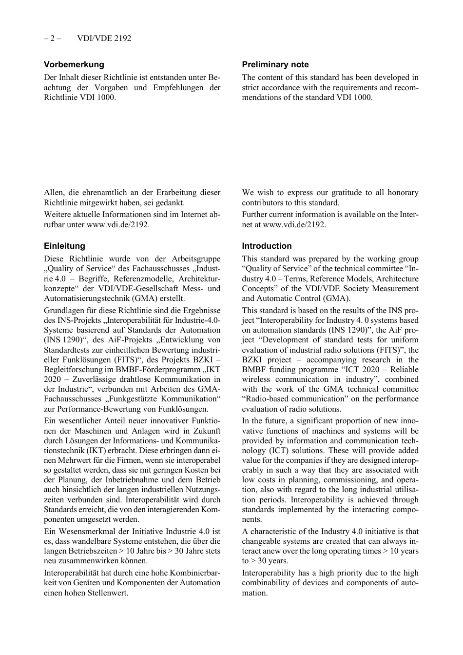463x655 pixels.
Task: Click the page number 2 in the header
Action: coord(52,38)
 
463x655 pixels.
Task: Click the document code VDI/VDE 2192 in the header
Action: coord(104,38)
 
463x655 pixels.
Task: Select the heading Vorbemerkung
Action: coord(74,64)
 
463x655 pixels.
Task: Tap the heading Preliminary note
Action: coord(275,64)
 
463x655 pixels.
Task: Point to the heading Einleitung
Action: coord(64,246)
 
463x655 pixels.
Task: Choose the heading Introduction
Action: coord(267,246)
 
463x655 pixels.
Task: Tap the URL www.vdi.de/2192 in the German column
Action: coord(117,224)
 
